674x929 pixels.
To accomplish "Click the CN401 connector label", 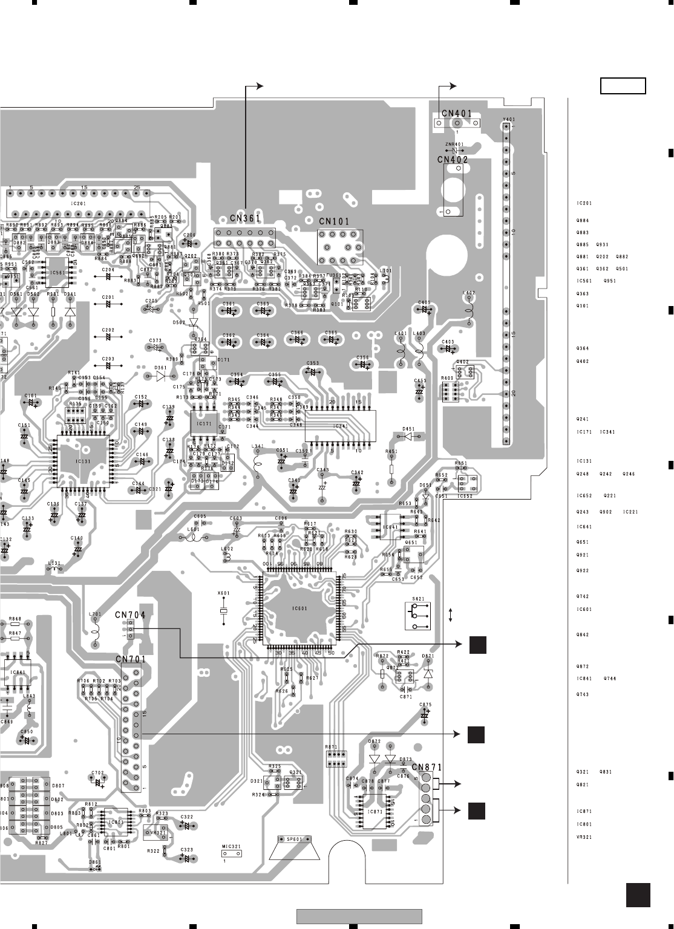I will tap(457, 113).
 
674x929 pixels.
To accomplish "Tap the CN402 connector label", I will tap(453, 160).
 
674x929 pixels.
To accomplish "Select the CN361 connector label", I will tap(244, 218).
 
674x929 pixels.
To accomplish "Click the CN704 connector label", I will tap(130, 615).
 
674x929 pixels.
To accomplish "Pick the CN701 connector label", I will tap(131, 658).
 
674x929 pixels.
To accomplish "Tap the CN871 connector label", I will tap(427, 767).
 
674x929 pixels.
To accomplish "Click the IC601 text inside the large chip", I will tap(298, 608).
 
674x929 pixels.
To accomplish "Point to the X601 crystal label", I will tap(223, 593).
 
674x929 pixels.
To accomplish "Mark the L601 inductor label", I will tap(194, 529).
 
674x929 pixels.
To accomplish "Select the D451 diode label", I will tap(409, 428).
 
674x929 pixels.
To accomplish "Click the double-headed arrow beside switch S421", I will tap(451, 615).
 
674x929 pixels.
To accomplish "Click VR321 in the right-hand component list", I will tap(584, 837).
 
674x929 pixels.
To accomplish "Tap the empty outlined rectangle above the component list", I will tap(623, 86).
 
